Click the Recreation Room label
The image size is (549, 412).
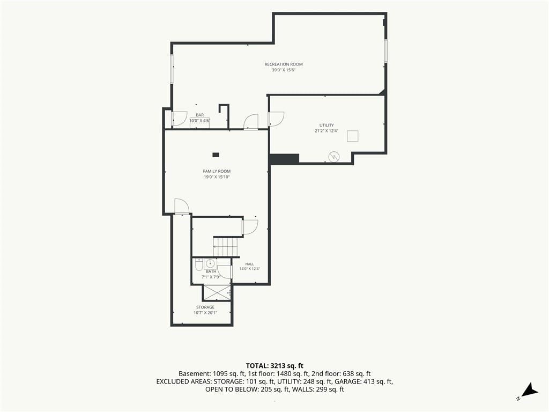[x=284, y=64]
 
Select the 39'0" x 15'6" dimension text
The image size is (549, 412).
[x=284, y=70]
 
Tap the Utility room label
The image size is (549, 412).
[x=327, y=125]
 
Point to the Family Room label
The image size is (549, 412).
[x=217, y=171]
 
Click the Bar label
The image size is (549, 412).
[x=199, y=115]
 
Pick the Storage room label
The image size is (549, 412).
[x=205, y=307]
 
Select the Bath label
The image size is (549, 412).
[x=211, y=271]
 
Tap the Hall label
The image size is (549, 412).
[x=250, y=264]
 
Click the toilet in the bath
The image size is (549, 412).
[x=198, y=266]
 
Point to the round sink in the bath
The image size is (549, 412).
[x=211, y=263]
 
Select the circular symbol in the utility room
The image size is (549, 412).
[x=333, y=157]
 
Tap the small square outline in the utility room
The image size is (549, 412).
[x=353, y=136]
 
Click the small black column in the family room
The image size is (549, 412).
[x=216, y=155]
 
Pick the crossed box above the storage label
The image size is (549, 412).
[x=217, y=293]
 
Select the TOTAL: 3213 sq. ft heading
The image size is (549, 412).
[x=274, y=366]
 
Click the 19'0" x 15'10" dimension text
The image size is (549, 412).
[x=217, y=177]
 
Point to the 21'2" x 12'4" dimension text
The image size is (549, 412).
[x=327, y=131]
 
